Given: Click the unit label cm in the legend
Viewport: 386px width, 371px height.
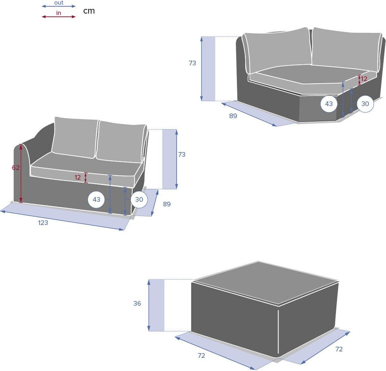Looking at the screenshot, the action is [x=89, y=11].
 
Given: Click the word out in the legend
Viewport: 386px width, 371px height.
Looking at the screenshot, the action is [x=59, y=3].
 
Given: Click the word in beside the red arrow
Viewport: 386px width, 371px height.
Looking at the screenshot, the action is [x=58, y=13].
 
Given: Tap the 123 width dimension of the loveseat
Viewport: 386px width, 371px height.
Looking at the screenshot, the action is [x=43, y=223].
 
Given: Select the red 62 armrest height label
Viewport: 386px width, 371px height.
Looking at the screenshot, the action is [x=15, y=168].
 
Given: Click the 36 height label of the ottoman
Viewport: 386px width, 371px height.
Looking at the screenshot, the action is [x=137, y=303].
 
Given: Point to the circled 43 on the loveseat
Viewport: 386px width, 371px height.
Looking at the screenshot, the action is [x=96, y=199].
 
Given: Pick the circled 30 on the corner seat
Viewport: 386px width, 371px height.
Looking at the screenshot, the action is [x=365, y=104].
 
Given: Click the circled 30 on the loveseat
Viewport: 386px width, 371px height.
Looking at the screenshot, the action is [x=139, y=199].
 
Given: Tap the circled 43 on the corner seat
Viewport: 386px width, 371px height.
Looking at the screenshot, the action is [x=329, y=104].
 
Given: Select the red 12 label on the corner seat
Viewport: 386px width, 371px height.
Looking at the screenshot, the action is [x=364, y=79].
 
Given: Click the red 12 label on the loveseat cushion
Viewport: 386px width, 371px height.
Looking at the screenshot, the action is [x=78, y=177].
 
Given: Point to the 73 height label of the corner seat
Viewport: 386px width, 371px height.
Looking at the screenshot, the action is [x=193, y=63].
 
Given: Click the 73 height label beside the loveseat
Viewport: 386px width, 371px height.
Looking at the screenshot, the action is [x=182, y=154].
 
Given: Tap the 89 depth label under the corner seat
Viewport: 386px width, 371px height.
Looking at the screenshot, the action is [x=233, y=116].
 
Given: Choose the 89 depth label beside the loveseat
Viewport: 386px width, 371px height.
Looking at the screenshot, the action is [x=167, y=204].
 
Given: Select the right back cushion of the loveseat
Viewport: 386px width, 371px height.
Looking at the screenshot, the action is [x=121, y=142].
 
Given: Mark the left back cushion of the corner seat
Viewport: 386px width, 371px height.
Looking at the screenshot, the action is [x=277, y=50].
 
